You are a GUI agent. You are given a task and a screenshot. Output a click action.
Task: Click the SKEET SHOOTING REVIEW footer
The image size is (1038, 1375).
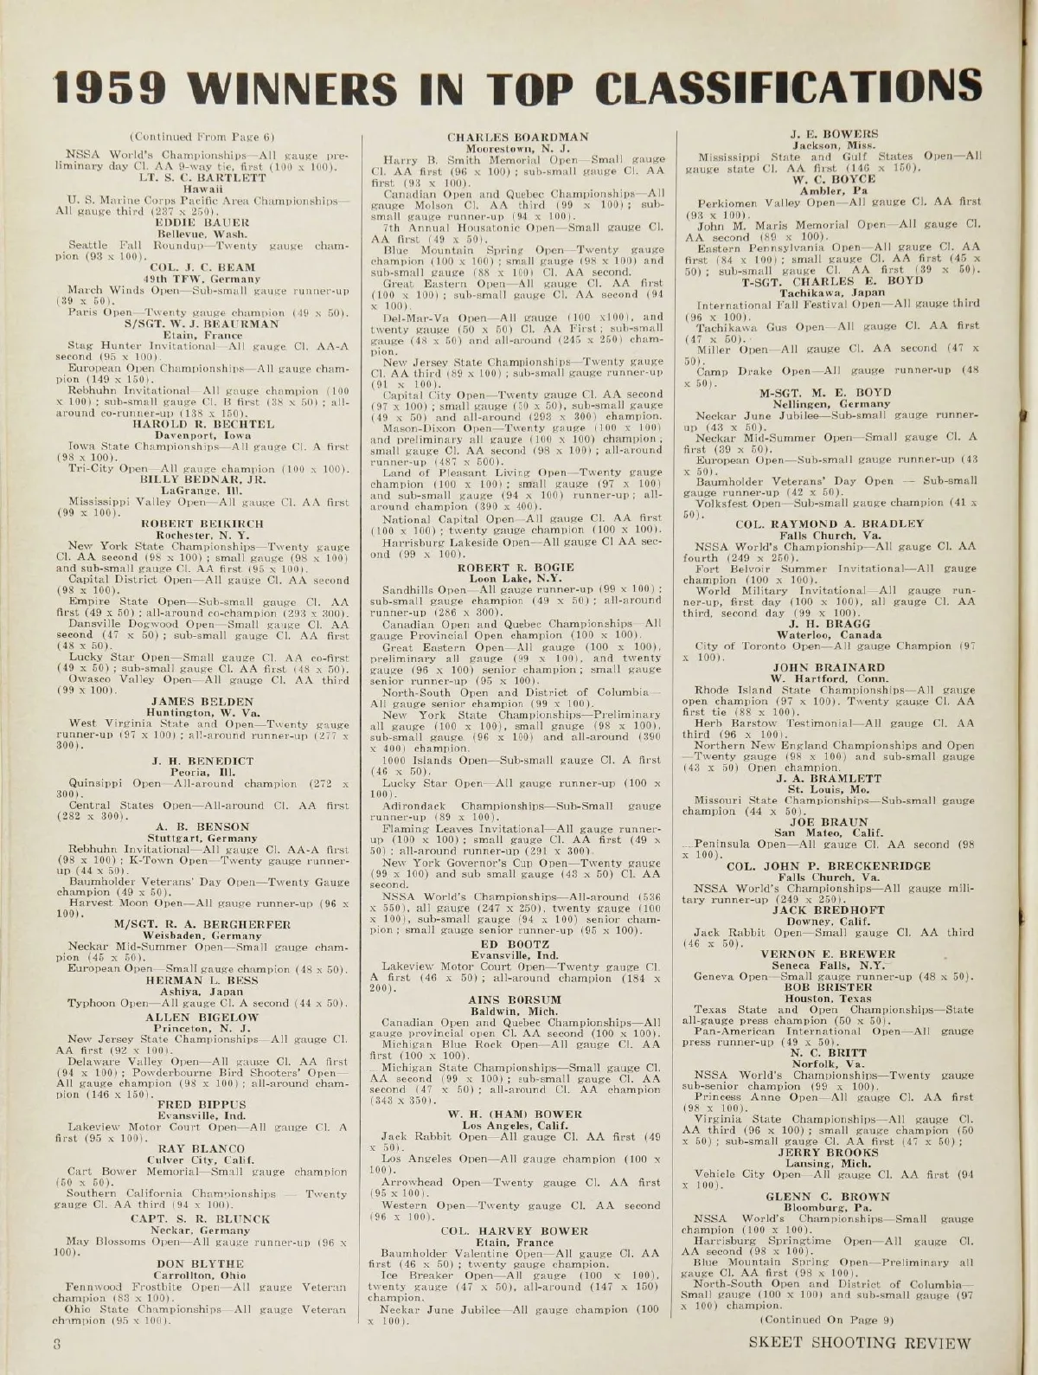861,1343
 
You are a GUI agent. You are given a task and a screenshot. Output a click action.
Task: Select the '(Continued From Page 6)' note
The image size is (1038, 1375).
186,137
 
